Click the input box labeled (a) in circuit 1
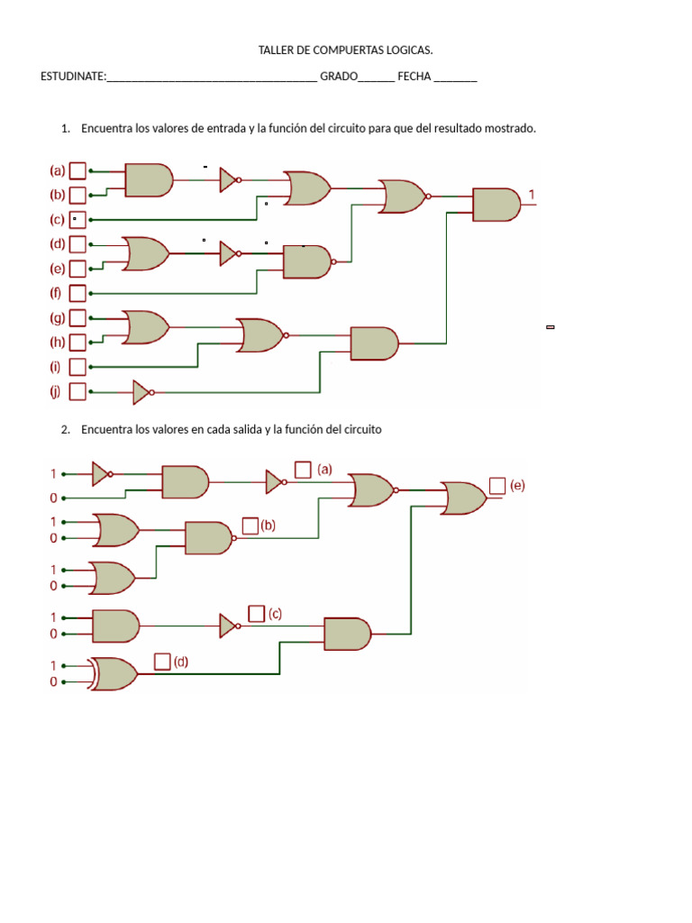(77, 170)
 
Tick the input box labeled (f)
(77, 293)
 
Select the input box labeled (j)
(77, 391)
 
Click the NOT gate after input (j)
(143, 393)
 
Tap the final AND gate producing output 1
(496, 205)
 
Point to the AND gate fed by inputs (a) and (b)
(149, 180)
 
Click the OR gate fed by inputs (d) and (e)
(146, 253)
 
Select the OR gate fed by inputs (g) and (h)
(146, 327)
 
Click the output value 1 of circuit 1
(532, 195)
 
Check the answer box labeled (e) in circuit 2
(497, 486)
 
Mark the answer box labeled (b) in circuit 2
(250, 525)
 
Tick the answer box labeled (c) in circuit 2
(257, 613)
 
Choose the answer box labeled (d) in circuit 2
(162, 662)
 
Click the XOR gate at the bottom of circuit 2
(114, 674)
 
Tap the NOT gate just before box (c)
(230, 626)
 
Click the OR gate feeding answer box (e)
(464, 498)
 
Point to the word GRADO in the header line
(339, 77)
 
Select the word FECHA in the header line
(414, 77)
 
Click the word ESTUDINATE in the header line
(72, 77)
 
